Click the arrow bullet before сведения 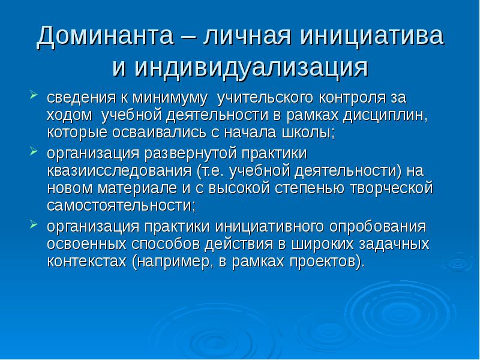click(x=34, y=94)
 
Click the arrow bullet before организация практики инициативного click(x=34, y=226)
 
